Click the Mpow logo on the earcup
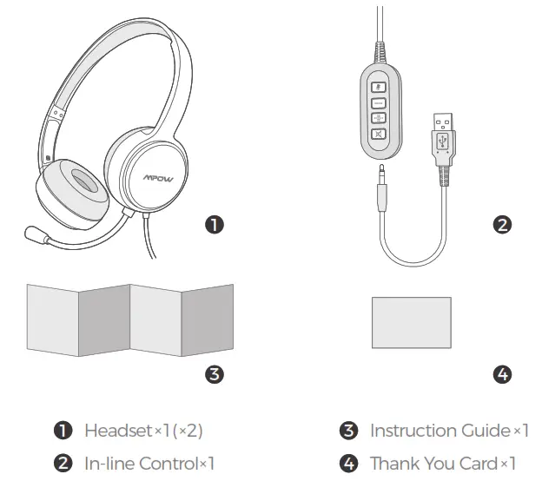[x=158, y=177]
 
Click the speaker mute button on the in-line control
[x=379, y=134]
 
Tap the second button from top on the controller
[x=379, y=102]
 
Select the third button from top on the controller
[x=379, y=118]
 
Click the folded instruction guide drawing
[x=130, y=318]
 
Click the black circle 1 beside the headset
[x=215, y=225]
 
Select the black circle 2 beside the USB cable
[x=502, y=225]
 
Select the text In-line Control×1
[x=149, y=464]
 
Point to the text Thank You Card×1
[x=442, y=464]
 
